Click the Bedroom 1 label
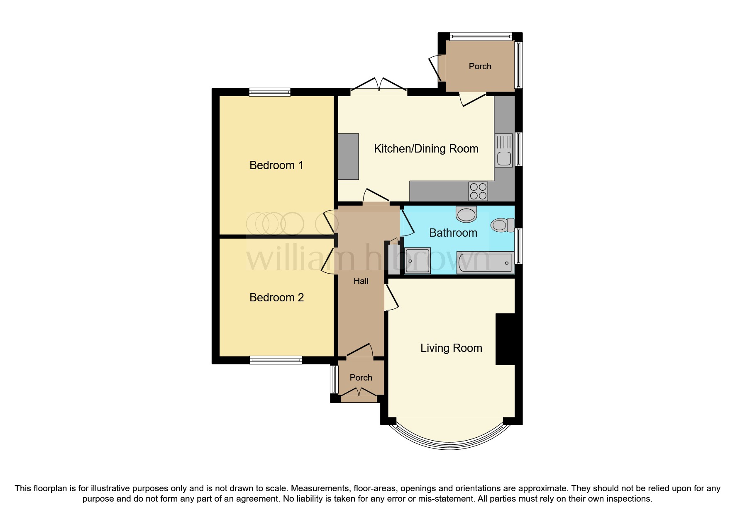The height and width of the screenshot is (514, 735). coord(276,165)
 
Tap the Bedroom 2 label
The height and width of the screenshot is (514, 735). coord(276,298)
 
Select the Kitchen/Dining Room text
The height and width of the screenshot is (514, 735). coord(426,149)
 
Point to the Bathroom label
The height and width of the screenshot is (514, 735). coord(453,233)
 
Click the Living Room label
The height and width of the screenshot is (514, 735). coord(451,348)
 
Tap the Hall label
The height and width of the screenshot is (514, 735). coord(361,281)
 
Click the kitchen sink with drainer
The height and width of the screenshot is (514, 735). coord(504,150)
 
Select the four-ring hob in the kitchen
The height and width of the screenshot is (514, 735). coord(478,191)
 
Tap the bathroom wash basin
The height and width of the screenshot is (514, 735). coord(466,214)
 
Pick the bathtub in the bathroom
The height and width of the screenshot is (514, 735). coord(485,262)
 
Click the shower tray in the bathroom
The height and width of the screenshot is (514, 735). coord(417,261)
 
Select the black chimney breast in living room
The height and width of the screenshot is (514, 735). coord(505,339)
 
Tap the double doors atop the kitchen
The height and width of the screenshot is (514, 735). coord(378,85)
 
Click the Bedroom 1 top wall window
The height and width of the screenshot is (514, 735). coord(269,92)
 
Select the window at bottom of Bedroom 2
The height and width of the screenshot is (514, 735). coord(276,360)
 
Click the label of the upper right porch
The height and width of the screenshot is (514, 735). coord(480,66)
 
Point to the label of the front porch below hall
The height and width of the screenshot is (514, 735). coord(361,378)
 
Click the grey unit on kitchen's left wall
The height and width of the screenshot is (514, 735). coord(348,156)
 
